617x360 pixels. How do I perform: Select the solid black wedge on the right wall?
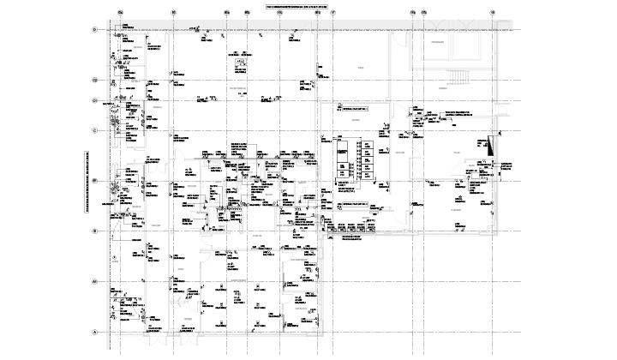pyautogui.click(x=491, y=147)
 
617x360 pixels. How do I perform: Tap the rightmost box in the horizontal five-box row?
pyautogui.click(x=371, y=227)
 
